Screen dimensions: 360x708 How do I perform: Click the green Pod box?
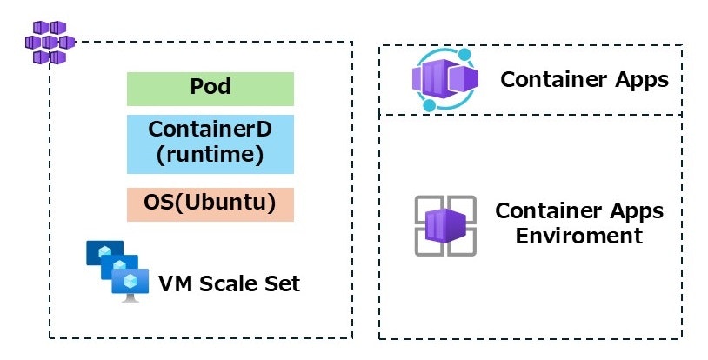pyautogui.click(x=210, y=89)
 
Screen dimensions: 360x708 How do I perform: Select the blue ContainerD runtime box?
pyautogui.click(x=210, y=143)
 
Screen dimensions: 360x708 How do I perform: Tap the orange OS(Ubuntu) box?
pyautogui.click(x=210, y=203)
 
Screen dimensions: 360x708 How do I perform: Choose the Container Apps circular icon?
pyautogui.click(x=444, y=80)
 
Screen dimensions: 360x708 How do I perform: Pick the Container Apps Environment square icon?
pyautogui.click(x=444, y=225)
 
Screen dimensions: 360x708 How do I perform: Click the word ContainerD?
pyautogui.click(x=210, y=130)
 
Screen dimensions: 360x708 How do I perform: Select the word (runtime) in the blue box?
pyautogui.click(x=210, y=156)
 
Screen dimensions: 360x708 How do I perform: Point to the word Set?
pyautogui.click(x=281, y=283)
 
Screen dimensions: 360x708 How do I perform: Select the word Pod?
pyautogui.click(x=210, y=88)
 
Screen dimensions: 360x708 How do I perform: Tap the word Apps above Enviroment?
pyautogui.click(x=632, y=211)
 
